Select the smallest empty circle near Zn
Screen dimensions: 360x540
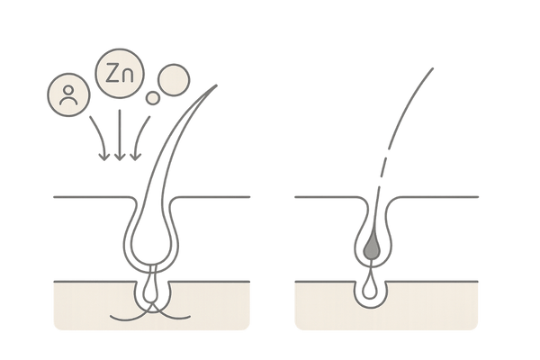[153, 97]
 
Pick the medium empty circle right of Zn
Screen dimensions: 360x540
[171, 81]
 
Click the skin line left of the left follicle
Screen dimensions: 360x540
[90, 195]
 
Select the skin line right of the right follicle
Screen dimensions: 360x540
[441, 195]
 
